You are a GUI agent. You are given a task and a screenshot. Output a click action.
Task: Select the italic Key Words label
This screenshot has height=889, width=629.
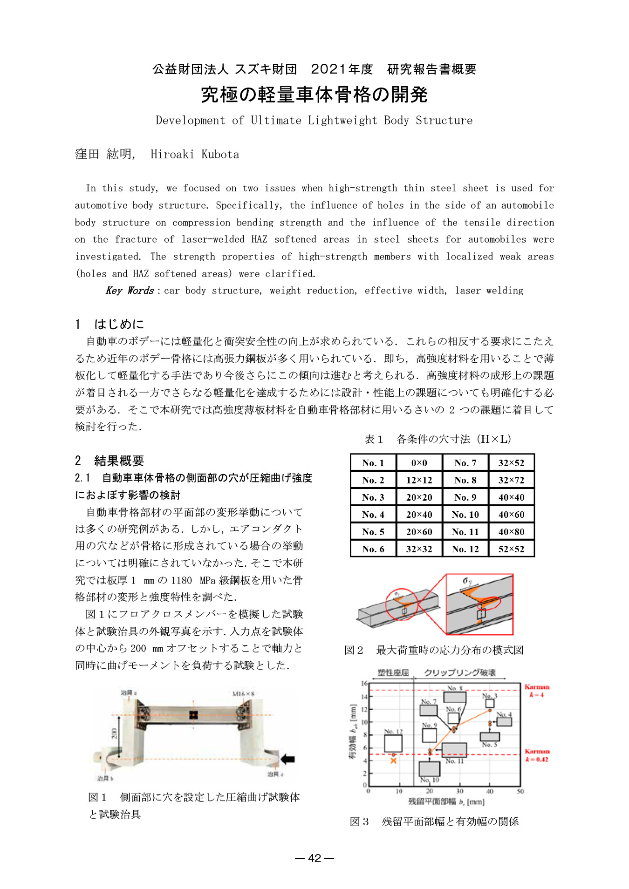coord(130,291)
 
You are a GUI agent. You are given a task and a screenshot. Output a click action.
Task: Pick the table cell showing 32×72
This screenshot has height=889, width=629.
coord(511,480)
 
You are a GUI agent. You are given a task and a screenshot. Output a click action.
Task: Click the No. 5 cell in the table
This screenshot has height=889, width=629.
coord(373,532)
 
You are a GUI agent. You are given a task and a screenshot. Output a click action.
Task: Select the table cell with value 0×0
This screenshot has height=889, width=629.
coord(419,463)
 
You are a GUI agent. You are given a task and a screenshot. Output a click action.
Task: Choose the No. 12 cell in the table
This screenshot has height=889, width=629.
coord(465,549)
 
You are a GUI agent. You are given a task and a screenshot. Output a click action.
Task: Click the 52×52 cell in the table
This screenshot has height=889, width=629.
coord(511,549)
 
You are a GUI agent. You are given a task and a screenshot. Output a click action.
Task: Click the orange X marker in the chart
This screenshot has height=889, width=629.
coord(394,760)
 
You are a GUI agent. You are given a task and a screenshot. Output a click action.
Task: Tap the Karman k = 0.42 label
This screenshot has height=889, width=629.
coord(537,755)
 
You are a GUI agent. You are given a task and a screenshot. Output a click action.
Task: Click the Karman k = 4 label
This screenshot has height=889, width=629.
coord(537,691)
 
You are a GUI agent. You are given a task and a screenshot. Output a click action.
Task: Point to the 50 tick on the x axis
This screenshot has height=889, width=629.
coord(520,791)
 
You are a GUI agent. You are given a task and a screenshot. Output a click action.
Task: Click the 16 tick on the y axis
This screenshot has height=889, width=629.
coord(364,683)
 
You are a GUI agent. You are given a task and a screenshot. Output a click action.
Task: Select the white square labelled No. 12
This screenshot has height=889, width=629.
coord(393,743)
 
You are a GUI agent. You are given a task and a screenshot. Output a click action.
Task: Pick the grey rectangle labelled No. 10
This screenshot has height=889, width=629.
coord(429,768)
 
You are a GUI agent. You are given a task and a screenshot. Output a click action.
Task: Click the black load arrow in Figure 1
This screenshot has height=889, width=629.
coord(288,759)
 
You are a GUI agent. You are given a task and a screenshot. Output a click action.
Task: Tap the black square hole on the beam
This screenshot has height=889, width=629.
coord(193,715)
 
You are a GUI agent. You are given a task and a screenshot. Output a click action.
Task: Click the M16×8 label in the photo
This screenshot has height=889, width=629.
coord(243,694)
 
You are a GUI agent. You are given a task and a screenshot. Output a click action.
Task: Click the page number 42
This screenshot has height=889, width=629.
coord(314,858)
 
